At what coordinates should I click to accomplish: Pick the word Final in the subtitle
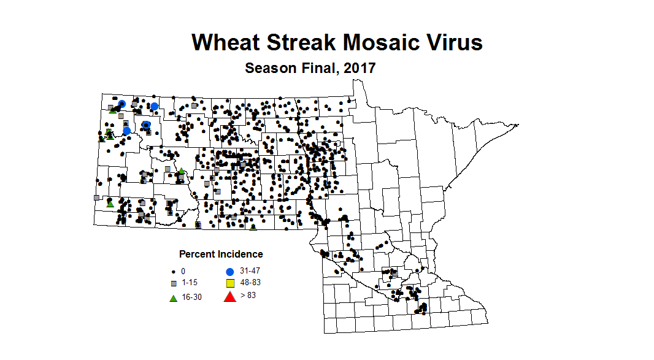pyautogui.click(x=320, y=68)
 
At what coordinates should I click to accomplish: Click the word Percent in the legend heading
pyautogui.click(x=196, y=254)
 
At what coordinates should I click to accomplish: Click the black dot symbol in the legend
pyautogui.click(x=174, y=271)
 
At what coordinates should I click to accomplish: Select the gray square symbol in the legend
pyautogui.click(x=174, y=283)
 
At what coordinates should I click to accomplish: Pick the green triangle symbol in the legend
pyautogui.click(x=174, y=297)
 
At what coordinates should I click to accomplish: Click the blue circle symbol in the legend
pyautogui.click(x=230, y=271)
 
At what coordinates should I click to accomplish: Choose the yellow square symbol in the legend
pyautogui.click(x=230, y=283)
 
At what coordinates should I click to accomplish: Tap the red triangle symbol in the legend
pyautogui.click(x=230, y=297)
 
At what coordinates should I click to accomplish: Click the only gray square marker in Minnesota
pyautogui.click(x=394, y=273)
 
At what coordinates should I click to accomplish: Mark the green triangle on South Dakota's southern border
pyautogui.click(x=253, y=228)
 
